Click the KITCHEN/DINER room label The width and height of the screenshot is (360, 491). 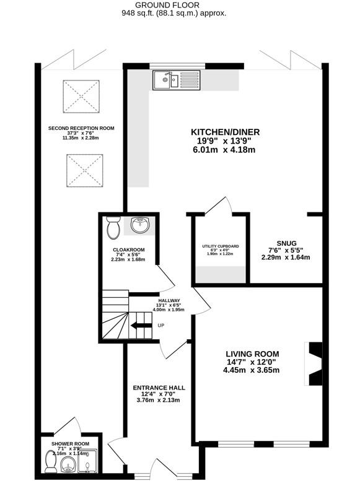[225, 132]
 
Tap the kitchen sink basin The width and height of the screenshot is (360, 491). [162, 79]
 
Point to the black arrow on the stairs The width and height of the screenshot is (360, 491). [141, 325]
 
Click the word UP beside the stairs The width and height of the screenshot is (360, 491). [160, 325]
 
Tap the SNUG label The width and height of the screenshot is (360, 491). [286, 243]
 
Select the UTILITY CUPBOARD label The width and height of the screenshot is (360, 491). [220, 246]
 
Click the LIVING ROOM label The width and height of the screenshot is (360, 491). [252, 354]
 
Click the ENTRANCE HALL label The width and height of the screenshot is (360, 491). [159, 388]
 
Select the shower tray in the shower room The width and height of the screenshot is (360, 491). [88, 461]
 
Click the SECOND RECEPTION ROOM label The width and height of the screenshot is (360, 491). [81, 128]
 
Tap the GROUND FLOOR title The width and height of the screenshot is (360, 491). [167, 5]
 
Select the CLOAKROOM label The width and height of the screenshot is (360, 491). [129, 250]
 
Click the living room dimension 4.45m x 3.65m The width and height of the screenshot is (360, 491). [252, 370]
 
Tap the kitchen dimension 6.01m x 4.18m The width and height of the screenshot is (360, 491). [224, 150]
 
